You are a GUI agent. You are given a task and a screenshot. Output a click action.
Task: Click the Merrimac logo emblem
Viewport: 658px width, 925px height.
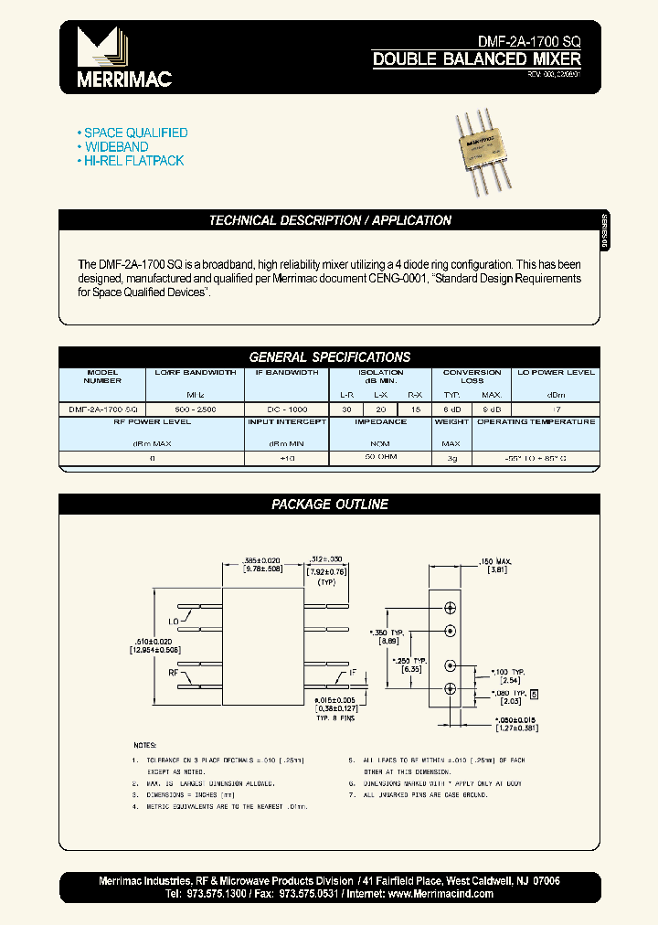click(x=101, y=47)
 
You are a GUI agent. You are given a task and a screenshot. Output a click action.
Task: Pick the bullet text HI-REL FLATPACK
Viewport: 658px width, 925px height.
click(x=134, y=161)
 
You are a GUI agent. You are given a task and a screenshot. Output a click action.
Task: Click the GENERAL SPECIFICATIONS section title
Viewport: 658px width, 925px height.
click(x=330, y=356)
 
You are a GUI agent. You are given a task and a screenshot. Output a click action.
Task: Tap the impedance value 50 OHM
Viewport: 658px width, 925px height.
click(x=380, y=454)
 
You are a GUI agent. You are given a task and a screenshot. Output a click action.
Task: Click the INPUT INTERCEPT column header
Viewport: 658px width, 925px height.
click(x=286, y=422)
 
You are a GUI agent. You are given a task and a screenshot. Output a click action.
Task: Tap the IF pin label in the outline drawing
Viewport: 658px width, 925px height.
click(x=352, y=673)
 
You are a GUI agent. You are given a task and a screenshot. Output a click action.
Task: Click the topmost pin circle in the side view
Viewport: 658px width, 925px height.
click(x=450, y=608)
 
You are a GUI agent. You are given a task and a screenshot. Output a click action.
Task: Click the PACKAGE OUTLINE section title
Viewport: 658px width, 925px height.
click(x=330, y=504)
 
